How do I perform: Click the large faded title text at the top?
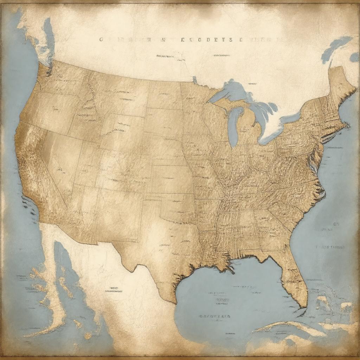[x=186, y=40]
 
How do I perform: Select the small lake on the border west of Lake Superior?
[x=195, y=80]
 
